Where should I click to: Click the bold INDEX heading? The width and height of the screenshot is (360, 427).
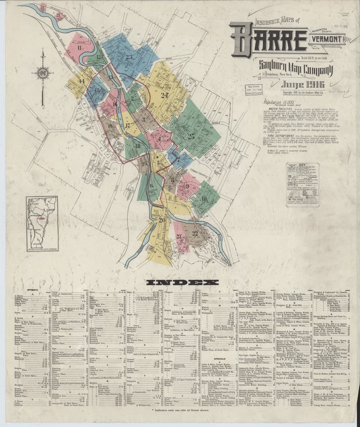[x=182, y=283]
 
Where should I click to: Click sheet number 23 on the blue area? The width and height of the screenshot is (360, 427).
[x=129, y=57]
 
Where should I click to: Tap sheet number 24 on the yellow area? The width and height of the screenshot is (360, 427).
[x=164, y=95]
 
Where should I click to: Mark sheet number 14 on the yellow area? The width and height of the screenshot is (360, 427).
[x=82, y=81]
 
